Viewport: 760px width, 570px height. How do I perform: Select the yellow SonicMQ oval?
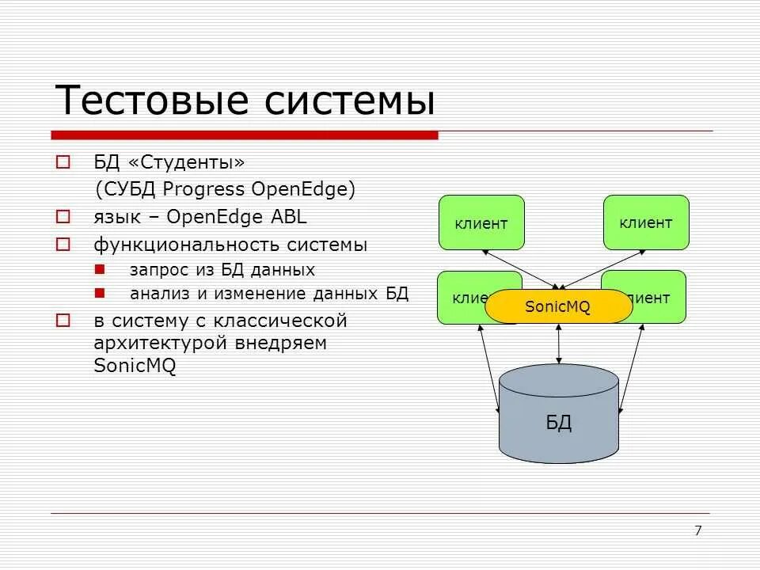tap(558, 306)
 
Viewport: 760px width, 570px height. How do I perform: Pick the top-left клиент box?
tap(481, 223)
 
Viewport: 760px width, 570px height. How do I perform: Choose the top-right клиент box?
tap(646, 223)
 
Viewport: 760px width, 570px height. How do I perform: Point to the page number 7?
tap(697, 530)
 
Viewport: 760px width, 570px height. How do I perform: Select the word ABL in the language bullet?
tap(289, 218)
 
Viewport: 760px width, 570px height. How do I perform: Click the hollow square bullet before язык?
tap(63, 217)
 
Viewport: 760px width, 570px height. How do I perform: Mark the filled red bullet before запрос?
tap(99, 270)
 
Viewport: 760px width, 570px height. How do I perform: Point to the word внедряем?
tap(282, 344)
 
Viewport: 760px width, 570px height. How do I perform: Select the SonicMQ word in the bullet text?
tap(135, 366)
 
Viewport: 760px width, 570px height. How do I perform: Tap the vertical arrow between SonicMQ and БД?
tap(560, 343)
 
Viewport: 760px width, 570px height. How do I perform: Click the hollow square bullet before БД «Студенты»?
tap(63, 162)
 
